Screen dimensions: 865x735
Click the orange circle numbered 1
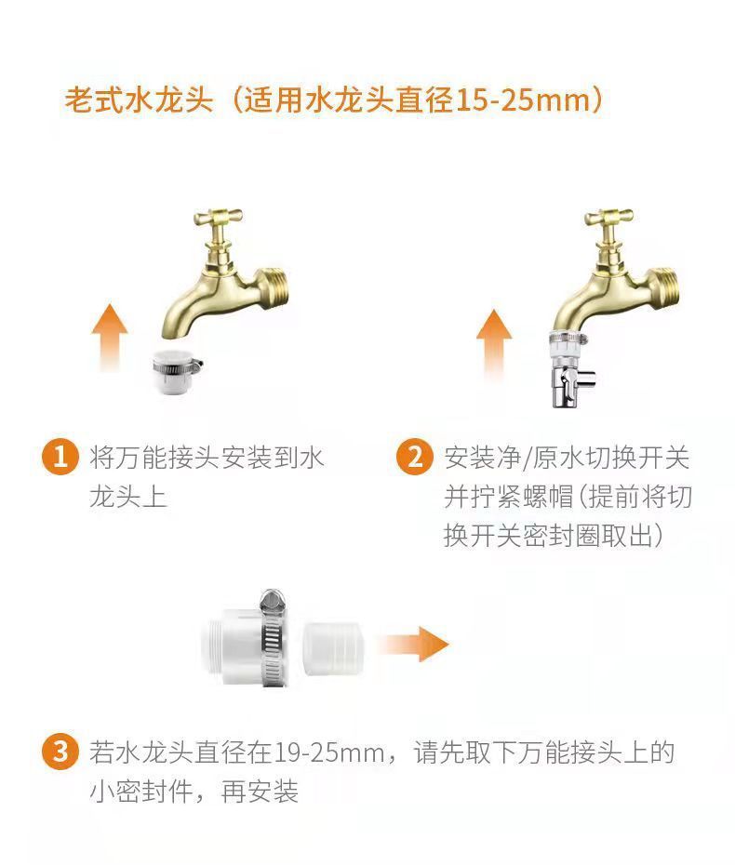(60, 458)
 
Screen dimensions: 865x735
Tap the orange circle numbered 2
(414, 458)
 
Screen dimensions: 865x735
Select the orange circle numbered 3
(60, 752)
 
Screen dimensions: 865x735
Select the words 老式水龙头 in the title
(140, 100)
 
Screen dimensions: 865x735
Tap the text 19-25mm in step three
(317, 752)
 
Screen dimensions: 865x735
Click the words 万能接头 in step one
(168, 458)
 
